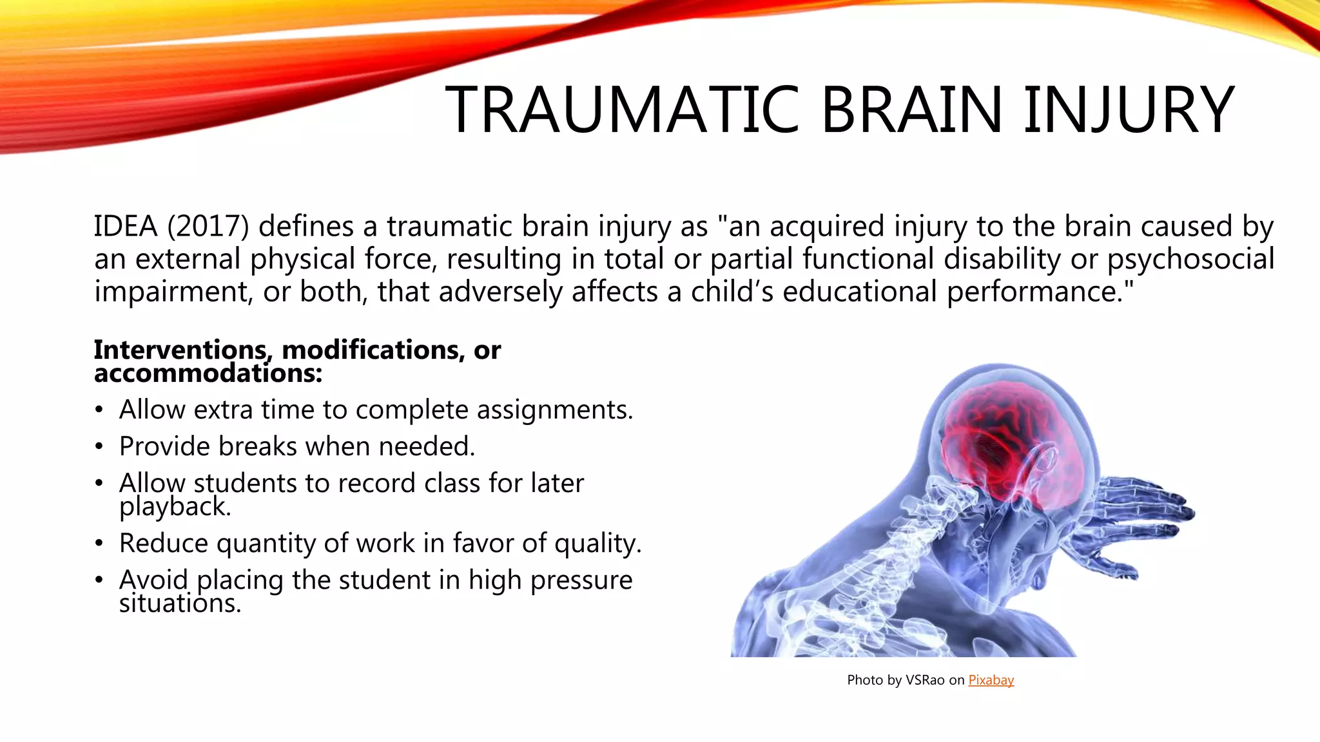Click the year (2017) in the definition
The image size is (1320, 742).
coord(208,227)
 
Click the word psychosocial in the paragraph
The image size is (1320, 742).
coord(1190,260)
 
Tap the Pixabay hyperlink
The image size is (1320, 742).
coord(991,680)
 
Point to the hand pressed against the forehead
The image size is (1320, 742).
coord(1141,515)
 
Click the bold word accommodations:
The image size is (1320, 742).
coord(208,374)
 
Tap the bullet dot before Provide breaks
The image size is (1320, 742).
coord(99,447)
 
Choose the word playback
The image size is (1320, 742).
coord(174,507)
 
